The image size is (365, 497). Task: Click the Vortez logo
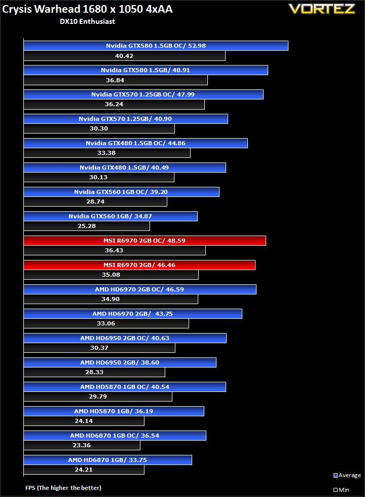[321, 9]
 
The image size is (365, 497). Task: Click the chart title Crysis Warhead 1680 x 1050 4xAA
[87, 9]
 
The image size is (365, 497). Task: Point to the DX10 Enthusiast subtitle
[87, 21]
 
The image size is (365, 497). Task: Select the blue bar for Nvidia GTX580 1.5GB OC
[156, 46]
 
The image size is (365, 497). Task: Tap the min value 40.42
[124, 56]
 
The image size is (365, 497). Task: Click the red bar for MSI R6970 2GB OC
[144, 241]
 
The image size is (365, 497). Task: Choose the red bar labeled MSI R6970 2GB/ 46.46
[139, 265]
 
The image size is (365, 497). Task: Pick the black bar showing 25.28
[87, 226]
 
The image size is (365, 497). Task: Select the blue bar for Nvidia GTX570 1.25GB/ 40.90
[126, 119]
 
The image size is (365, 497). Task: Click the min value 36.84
[115, 80]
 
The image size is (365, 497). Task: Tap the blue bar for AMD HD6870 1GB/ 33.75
[107, 460]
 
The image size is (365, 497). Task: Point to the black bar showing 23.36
[82, 445]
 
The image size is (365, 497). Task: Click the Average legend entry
[347, 475]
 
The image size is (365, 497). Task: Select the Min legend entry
[341, 490]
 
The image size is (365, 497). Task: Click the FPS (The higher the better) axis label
[63, 488]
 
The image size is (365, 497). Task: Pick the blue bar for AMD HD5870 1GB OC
[125, 387]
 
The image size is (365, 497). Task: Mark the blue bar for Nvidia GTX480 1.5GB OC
[135, 143]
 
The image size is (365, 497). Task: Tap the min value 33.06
[106, 323]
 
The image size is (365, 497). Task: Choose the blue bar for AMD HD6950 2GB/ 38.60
[120, 362]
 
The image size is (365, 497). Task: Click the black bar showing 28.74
[95, 202]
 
